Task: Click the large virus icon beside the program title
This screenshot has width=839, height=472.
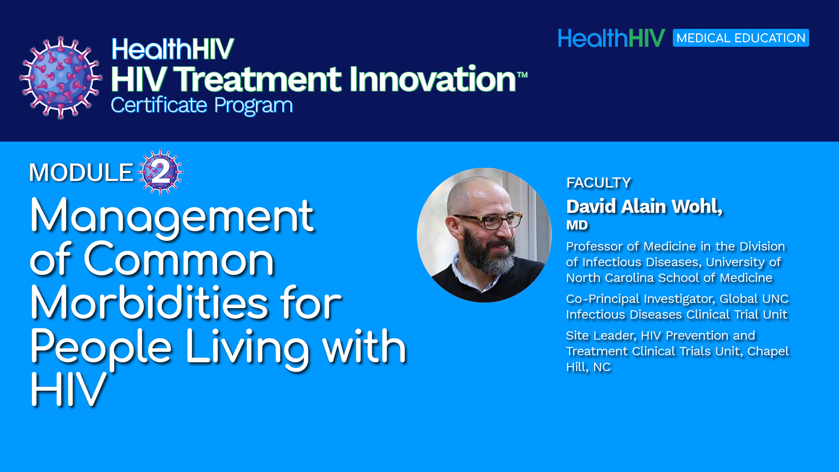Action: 61,77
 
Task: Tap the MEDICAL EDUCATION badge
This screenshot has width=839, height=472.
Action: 741,38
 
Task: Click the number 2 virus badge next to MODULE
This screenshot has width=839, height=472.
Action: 160,172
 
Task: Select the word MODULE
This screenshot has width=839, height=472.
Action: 81,172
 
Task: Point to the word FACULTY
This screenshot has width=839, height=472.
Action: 599,183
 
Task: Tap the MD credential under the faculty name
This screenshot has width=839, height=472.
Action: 577,225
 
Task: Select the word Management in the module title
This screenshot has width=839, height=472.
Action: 172,216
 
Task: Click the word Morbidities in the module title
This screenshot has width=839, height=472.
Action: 149,302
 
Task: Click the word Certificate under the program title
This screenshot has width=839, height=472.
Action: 159,105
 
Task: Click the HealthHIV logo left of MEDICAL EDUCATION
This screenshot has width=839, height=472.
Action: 612,38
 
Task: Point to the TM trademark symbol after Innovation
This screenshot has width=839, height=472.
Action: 523,75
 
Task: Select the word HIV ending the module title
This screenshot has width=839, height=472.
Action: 68,390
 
